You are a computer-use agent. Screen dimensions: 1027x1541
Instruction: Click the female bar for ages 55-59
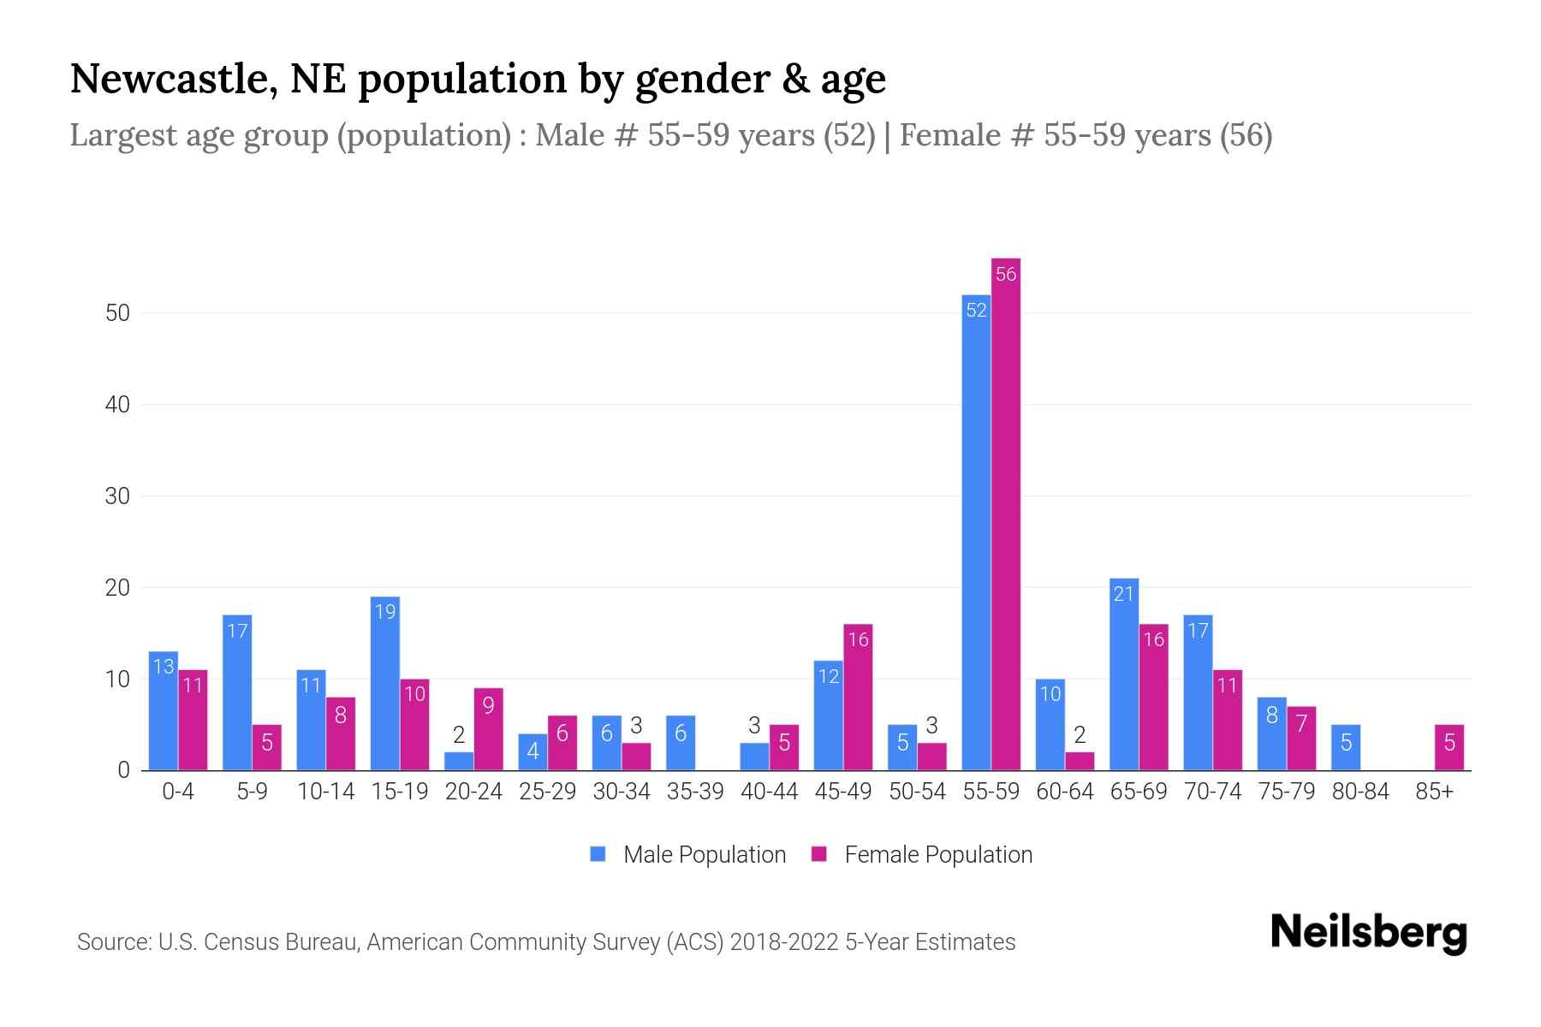point(1006,513)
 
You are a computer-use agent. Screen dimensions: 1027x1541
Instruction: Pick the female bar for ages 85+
point(1449,747)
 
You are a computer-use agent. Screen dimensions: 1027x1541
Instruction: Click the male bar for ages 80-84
point(1346,747)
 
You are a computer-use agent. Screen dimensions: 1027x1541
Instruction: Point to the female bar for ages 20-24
point(488,729)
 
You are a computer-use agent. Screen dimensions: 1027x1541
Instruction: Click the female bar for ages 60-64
point(1080,761)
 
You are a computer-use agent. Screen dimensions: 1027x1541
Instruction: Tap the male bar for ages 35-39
point(681,743)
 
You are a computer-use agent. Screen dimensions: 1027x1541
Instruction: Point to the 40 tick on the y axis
point(117,405)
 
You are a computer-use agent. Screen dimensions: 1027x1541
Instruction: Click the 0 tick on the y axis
point(124,770)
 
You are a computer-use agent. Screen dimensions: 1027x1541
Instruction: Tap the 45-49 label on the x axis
point(843,792)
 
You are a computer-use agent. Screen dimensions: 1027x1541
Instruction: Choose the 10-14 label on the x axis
point(325,792)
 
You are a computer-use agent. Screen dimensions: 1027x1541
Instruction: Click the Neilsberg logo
point(1368,933)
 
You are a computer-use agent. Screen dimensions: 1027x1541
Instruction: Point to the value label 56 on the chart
point(1006,274)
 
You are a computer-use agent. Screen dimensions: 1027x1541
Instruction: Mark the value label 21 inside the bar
point(1124,593)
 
